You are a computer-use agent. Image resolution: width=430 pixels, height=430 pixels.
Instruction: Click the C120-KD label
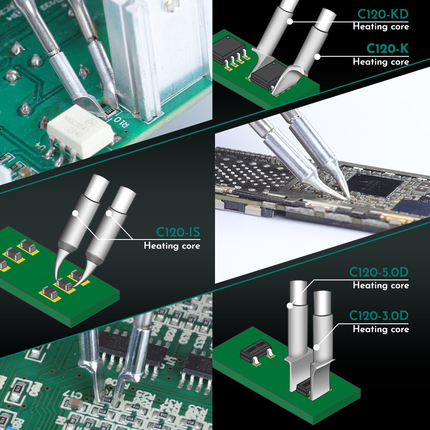[x=383, y=15]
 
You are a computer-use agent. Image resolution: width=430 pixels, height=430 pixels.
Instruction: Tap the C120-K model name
[x=387, y=49]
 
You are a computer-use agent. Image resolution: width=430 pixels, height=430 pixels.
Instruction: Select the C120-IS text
[x=178, y=233]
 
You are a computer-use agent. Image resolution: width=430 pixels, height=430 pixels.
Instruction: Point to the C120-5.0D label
[x=378, y=273]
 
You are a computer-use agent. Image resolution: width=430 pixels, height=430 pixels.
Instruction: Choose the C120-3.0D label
[x=378, y=316]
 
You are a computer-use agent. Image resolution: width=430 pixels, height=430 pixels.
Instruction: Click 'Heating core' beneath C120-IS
[x=172, y=246]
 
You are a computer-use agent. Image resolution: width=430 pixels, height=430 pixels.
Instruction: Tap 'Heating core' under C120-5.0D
[x=381, y=285]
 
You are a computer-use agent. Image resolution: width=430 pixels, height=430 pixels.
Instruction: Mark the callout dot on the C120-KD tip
[x=290, y=21]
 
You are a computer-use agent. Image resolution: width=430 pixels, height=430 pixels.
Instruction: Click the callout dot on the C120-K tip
[x=317, y=55]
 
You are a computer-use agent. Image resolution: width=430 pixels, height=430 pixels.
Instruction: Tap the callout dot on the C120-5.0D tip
[x=290, y=306]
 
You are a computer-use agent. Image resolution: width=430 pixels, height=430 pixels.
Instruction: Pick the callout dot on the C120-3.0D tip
[x=316, y=347]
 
